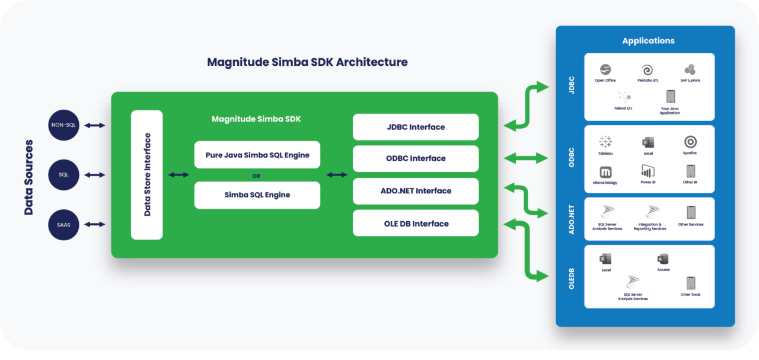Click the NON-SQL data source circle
(64, 125)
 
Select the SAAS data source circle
(64, 224)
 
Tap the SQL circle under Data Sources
(64, 175)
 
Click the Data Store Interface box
(146, 175)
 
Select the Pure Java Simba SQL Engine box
(257, 155)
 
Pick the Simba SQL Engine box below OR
(257, 195)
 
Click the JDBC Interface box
(415, 127)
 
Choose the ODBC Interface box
(415, 158)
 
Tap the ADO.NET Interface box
(415, 191)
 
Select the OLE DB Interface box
(415, 224)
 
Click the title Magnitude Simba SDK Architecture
(307, 62)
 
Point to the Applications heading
(648, 41)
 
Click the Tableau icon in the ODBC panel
(605, 142)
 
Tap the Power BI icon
(648, 171)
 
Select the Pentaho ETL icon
(648, 70)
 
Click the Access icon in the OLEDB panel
(663, 259)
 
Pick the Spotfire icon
(690, 142)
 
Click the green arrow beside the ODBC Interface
(525, 158)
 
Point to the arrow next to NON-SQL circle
(94, 125)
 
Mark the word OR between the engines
(256, 176)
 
